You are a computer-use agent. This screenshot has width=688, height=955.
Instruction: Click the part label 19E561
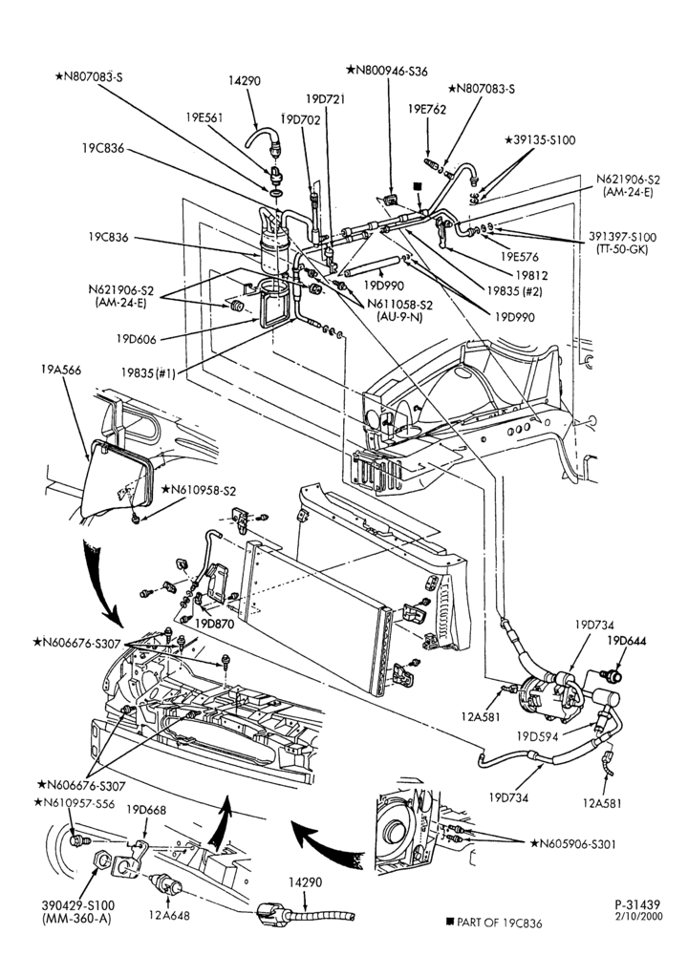tap(204, 117)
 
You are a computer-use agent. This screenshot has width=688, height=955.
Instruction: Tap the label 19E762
tap(426, 109)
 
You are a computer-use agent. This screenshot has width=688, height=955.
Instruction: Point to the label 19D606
tap(137, 339)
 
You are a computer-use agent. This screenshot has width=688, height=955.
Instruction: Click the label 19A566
tap(60, 370)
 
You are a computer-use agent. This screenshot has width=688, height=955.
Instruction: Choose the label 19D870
tap(214, 625)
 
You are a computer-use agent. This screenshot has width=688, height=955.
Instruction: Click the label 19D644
tap(627, 641)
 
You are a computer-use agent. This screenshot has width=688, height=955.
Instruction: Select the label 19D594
tap(537, 735)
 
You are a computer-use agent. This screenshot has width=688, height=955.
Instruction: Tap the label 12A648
tap(168, 914)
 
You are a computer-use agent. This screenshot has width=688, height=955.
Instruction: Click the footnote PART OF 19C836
tap(494, 923)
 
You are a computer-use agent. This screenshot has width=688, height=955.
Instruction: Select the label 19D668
tap(145, 810)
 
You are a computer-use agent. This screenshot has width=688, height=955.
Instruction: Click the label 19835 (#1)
tap(147, 373)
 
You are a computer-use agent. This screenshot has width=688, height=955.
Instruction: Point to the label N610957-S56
tap(75, 803)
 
